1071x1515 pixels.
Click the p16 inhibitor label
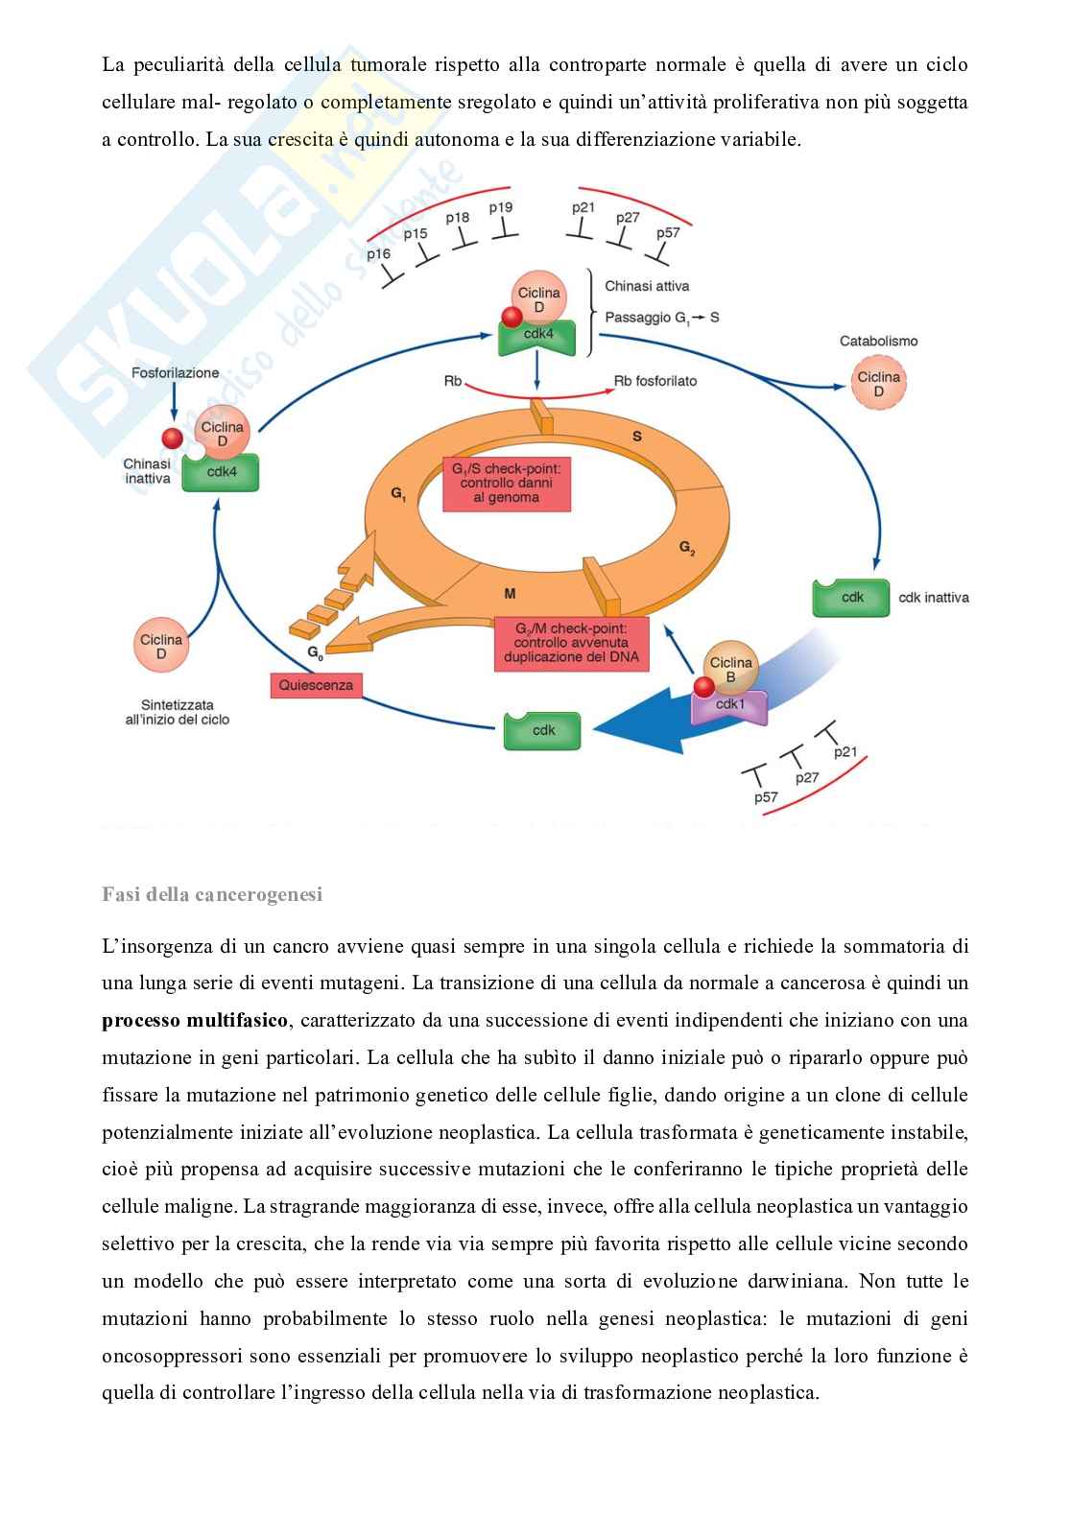379,253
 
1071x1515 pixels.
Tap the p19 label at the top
501,207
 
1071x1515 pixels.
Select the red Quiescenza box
316,685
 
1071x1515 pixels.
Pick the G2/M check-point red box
571,643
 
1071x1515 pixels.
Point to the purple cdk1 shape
730,705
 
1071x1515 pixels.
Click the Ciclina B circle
730,670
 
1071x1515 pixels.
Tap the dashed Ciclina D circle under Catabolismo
878,384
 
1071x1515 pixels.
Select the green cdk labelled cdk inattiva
851,597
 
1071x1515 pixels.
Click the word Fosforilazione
176,373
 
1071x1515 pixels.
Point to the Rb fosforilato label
655,381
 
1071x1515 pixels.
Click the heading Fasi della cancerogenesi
212,895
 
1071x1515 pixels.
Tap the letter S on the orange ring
636,437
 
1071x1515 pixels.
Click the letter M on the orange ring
510,595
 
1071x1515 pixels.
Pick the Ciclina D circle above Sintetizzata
161,647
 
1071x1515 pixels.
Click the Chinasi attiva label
646,285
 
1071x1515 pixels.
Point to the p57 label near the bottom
766,797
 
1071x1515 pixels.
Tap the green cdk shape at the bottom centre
543,730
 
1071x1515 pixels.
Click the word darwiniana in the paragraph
793,1281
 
